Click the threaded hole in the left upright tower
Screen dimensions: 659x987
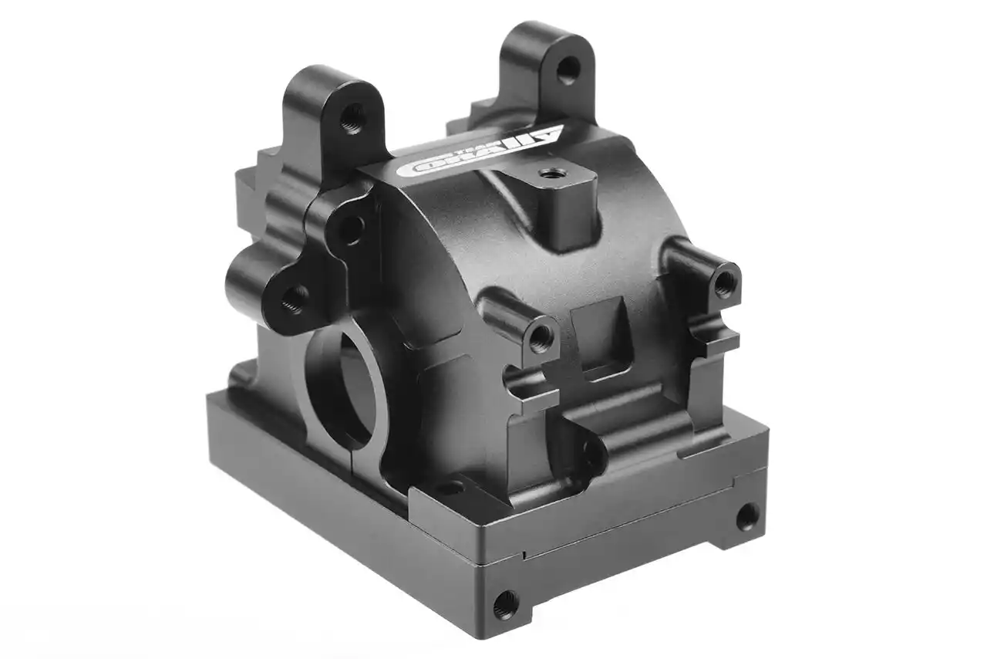(352, 119)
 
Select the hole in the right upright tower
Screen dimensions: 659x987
(568, 70)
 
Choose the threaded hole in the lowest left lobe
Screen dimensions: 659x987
(294, 299)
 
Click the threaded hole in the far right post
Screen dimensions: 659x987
(724, 284)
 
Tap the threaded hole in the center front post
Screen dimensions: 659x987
(541, 335)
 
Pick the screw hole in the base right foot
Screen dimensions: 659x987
(746, 516)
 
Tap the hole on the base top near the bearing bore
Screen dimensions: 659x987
(450, 488)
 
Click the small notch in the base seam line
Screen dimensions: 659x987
(524, 554)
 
